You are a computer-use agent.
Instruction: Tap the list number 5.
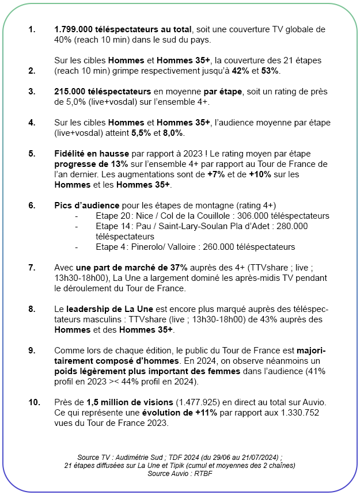[x=32, y=154]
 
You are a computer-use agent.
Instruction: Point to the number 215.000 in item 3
[x=71, y=92]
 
